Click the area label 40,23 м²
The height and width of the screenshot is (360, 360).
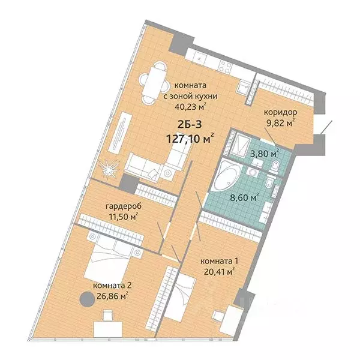[190, 107]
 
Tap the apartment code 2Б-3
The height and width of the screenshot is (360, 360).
[190, 125]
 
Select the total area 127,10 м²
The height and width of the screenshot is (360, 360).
[190, 139]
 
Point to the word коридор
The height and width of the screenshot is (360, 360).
[280, 113]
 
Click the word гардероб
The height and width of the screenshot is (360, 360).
[124, 206]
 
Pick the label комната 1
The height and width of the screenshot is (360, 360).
[219, 262]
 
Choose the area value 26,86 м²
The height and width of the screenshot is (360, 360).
[110, 296]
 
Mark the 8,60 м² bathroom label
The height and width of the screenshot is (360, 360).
[245, 197]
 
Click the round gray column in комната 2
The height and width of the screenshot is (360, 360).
[87, 299]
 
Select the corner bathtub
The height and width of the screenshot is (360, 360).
[226, 175]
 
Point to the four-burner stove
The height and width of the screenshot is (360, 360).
[225, 67]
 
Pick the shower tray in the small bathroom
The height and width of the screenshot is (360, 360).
[240, 143]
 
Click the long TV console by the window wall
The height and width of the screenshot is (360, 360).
[120, 133]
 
